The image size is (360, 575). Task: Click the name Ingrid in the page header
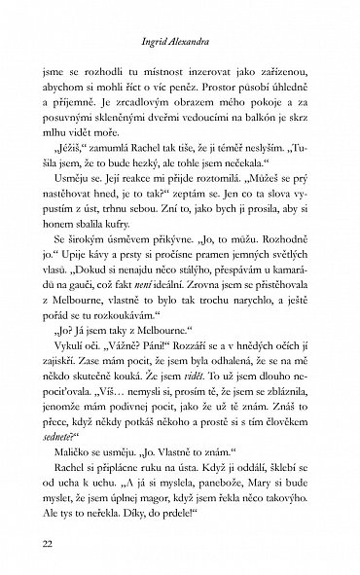click(x=158, y=44)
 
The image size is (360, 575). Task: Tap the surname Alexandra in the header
click(x=201, y=44)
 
